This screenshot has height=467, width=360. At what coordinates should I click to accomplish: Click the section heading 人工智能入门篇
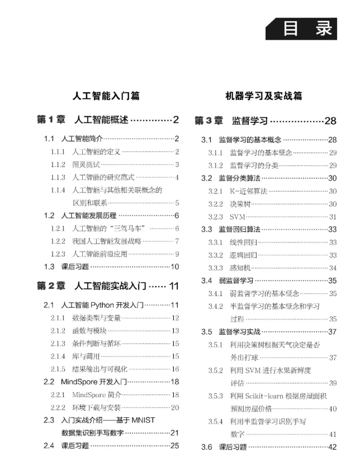106,96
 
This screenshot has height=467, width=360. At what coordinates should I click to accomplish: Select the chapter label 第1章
51,120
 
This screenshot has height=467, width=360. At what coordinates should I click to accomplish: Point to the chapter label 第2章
51,286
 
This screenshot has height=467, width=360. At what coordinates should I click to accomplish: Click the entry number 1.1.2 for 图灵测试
58,164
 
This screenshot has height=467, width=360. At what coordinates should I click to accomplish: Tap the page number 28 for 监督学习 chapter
331,120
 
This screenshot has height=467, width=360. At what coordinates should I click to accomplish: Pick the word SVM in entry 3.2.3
238,217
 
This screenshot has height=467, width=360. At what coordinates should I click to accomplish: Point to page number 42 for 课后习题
332,447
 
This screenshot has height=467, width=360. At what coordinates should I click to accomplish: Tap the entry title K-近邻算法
249,191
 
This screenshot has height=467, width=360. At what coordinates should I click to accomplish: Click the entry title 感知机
241,268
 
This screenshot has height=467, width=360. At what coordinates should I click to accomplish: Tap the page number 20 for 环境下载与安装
175,407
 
